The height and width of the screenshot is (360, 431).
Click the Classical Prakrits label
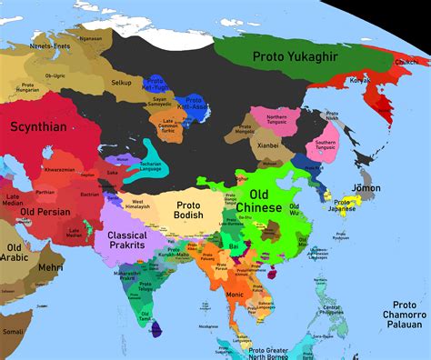click(128, 239)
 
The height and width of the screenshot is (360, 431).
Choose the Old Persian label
click(39, 215)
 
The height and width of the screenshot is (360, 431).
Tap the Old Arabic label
click(15, 254)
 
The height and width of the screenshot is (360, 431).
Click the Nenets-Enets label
click(50, 42)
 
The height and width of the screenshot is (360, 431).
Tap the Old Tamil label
click(143, 318)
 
